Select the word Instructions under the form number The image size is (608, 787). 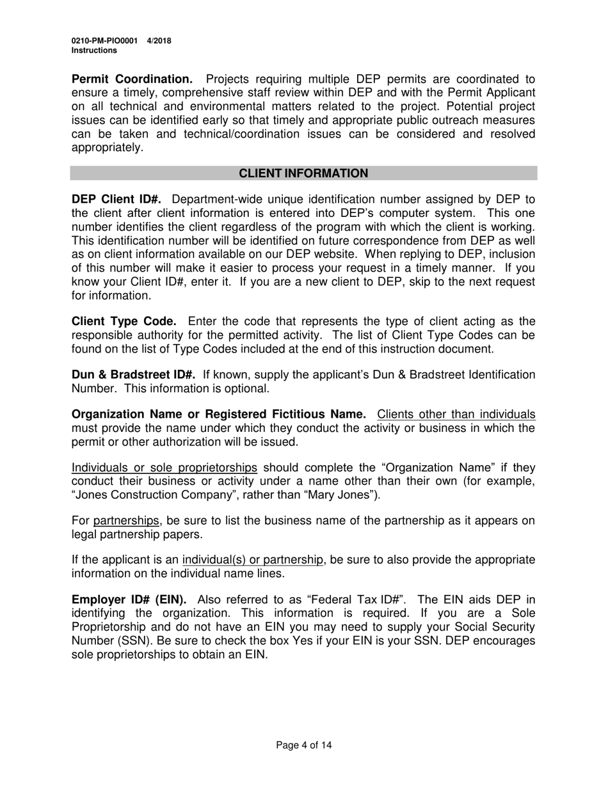(x=94, y=50)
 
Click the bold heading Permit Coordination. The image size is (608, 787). (x=132, y=79)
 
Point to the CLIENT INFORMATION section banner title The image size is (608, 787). (x=303, y=173)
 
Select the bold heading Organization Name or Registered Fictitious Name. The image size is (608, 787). (x=219, y=415)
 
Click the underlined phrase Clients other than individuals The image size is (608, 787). (x=456, y=415)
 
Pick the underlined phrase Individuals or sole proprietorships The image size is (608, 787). (x=164, y=468)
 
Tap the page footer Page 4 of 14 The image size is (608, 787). (x=304, y=745)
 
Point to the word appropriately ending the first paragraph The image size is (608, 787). (x=108, y=147)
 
